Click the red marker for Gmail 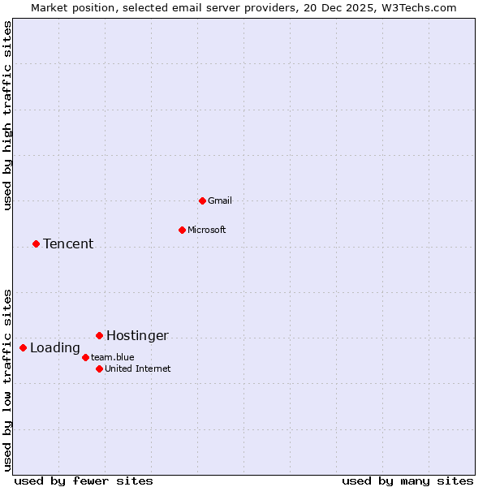click(x=202, y=200)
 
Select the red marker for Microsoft click(x=182, y=230)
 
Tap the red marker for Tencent click(x=36, y=243)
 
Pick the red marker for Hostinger click(x=99, y=335)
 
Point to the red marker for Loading click(x=23, y=347)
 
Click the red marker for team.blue click(x=85, y=357)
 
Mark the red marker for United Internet click(x=99, y=368)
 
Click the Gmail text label click(x=220, y=200)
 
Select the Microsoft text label click(x=207, y=230)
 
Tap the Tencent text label click(x=68, y=243)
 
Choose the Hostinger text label click(x=137, y=335)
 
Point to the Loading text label click(x=55, y=348)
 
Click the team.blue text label click(x=113, y=357)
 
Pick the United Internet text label click(x=138, y=368)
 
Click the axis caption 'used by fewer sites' click(x=84, y=481)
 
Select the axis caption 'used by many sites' click(x=407, y=481)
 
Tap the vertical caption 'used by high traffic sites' click(x=8, y=116)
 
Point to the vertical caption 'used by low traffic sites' click(x=8, y=380)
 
